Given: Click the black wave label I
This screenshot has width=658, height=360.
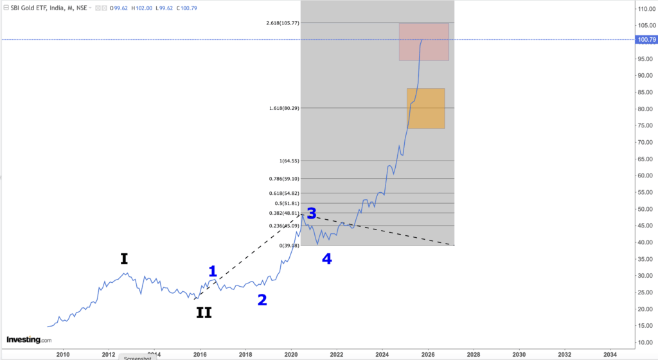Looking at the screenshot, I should click(x=124, y=258).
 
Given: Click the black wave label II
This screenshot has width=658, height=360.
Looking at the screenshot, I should click(x=204, y=313).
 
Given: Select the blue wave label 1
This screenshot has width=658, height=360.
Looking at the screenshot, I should click(x=213, y=271).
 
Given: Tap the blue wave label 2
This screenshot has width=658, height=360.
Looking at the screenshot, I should click(x=262, y=300).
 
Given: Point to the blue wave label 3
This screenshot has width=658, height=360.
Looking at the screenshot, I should click(x=312, y=214).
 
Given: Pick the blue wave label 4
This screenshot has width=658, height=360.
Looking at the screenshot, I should click(x=326, y=259).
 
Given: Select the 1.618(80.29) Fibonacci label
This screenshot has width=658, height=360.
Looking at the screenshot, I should click(x=284, y=108).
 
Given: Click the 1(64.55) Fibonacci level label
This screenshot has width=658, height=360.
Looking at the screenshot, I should click(x=288, y=161).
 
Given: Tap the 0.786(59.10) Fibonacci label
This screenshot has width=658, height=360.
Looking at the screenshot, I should click(x=284, y=179).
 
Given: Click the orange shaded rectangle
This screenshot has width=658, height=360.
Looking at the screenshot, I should click(x=425, y=108).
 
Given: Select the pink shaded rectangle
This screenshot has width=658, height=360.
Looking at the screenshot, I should click(x=423, y=42).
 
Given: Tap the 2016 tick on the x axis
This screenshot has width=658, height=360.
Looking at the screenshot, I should click(x=200, y=354).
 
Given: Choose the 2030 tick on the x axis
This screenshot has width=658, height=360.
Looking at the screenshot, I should click(x=519, y=354).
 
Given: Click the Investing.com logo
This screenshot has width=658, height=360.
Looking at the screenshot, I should click(x=28, y=339).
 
